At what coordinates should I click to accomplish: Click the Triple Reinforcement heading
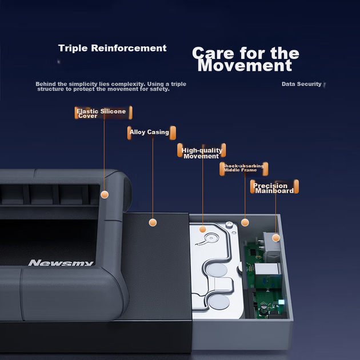pyautogui.click(x=112, y=48)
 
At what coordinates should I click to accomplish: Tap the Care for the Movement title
pyautogui.click(x=246, y=59)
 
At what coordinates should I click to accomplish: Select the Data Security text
pyautogui.click(x=302, y=84)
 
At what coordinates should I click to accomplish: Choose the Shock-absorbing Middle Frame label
pyautogui.click(x=243, y=169)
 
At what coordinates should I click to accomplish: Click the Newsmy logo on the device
pyautogui.click(x=61, y=263)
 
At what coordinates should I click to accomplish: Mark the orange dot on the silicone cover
pyautogui.click(x=105, y=195)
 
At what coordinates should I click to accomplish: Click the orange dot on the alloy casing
pyautogui.click(x=153, y=222)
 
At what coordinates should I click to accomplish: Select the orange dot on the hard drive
pyautogui.click(x=202, y=229)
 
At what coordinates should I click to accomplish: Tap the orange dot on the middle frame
pyautogui.click(x=245, y=222)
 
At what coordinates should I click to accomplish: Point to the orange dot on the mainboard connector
pyautogui.click(x=276, y=238)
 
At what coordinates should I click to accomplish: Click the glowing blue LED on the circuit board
pyautogui.click(x=281, y=302)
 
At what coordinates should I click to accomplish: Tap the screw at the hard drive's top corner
pyautogui.click(x=229, y=225)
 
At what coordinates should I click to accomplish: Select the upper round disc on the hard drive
pyautogui.click(x=217, y=270)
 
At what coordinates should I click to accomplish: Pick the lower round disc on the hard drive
pyautogui.click(x=219, y=302)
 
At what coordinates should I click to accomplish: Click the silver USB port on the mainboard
pyautogui.click(x=268, y=269)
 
